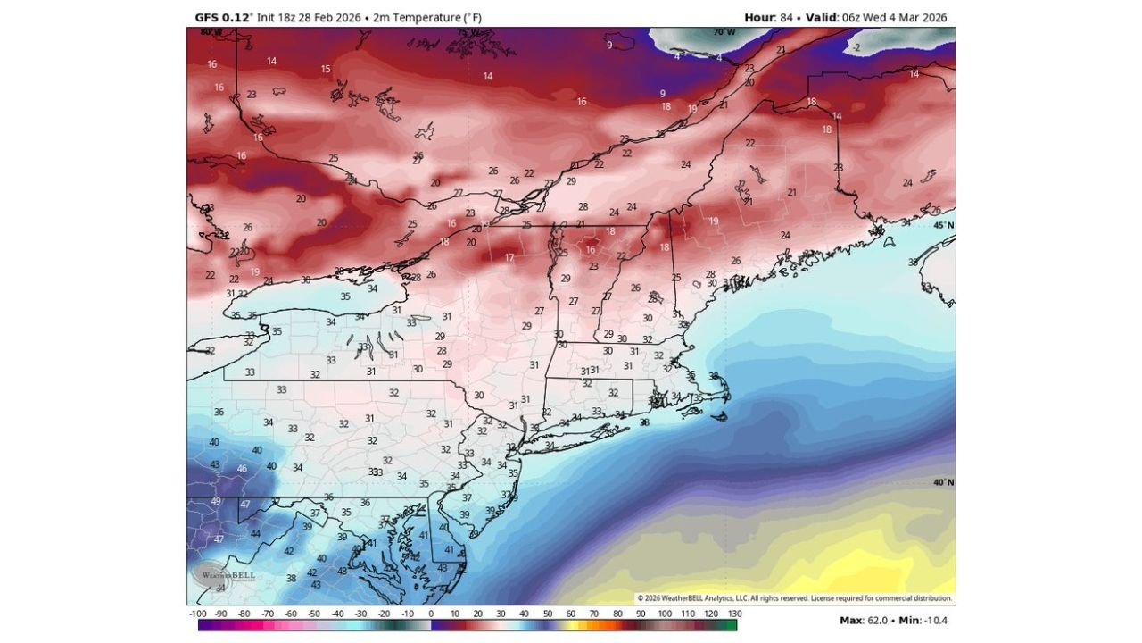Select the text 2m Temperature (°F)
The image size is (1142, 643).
(426, 18)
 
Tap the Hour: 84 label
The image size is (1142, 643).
(772, 18)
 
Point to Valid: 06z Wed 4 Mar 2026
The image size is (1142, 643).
(876, 18)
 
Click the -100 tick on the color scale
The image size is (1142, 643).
(198, 614)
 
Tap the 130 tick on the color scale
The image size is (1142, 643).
(734, 614)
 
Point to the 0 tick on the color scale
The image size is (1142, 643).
(431, 614)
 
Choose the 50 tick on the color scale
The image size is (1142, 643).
(548, 614)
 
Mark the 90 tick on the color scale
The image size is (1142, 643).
(641, 614)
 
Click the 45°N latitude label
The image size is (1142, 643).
(943, 225)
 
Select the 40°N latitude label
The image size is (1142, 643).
(943, 482)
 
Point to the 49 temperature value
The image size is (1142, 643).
(216, 501)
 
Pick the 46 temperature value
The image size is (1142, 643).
(242, 469)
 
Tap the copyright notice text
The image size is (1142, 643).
(794, 598)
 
